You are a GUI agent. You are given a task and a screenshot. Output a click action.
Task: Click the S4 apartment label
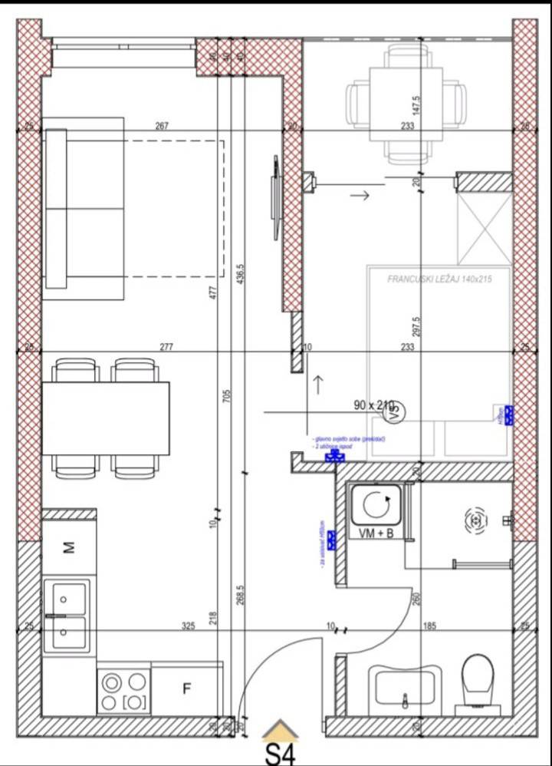[280, 752]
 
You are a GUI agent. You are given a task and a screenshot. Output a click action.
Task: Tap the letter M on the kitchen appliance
[69, 547]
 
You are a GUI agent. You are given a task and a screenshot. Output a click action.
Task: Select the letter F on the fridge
[186, 688]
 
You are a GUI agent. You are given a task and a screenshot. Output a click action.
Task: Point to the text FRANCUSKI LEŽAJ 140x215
[439, 279]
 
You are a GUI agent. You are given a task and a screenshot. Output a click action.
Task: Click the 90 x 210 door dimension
[373, 404]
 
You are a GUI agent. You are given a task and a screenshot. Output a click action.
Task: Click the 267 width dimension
[162, 127]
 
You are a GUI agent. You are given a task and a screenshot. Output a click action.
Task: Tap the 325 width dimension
[189, 626]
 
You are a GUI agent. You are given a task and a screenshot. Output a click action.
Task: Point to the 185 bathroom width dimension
[429, 626]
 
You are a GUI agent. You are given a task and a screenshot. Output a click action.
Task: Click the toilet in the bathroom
[478, 682]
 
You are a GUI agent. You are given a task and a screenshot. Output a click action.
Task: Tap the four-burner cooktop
[124, 691]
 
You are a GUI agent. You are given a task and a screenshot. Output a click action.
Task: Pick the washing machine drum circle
[376, 506]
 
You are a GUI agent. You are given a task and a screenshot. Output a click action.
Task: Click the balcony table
[406, 103]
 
